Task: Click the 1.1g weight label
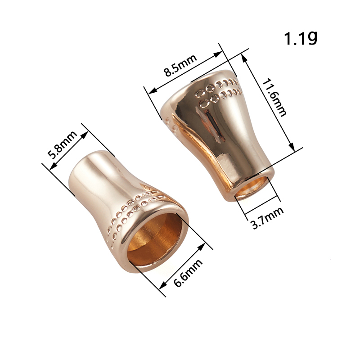301,38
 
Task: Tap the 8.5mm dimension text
180,65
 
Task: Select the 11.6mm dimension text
274,98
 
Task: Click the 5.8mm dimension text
62,144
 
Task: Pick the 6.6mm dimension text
188,273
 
